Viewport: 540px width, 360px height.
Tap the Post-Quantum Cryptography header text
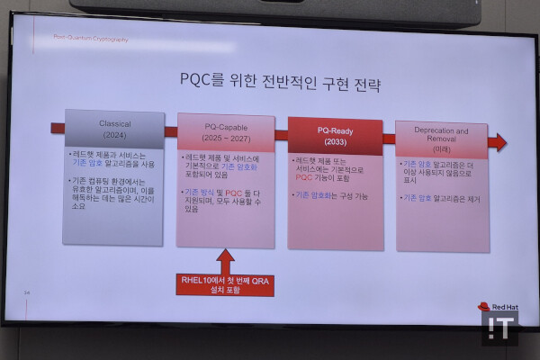pos(91,39)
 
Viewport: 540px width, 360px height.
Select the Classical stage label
pos(114,123)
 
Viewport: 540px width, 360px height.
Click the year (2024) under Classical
pos(114,135)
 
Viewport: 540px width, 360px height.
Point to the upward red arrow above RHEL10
pos(225,260)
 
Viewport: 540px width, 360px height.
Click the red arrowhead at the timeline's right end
pos(498,141)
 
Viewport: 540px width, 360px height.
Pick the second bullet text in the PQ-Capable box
pos(227,201)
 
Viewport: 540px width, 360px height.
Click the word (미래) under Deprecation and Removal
pos(441,149)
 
